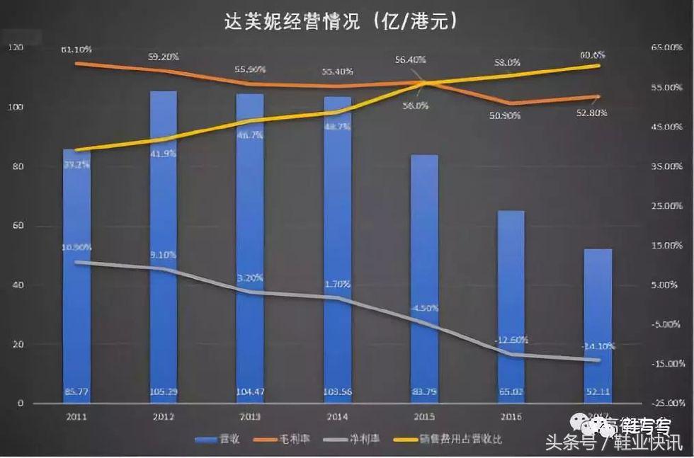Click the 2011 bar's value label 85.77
point(76,391)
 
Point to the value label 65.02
point(511,391)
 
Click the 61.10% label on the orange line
point(76,50)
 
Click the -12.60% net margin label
point(511,340)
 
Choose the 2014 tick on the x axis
point(337,417)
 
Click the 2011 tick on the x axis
point(76,417)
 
